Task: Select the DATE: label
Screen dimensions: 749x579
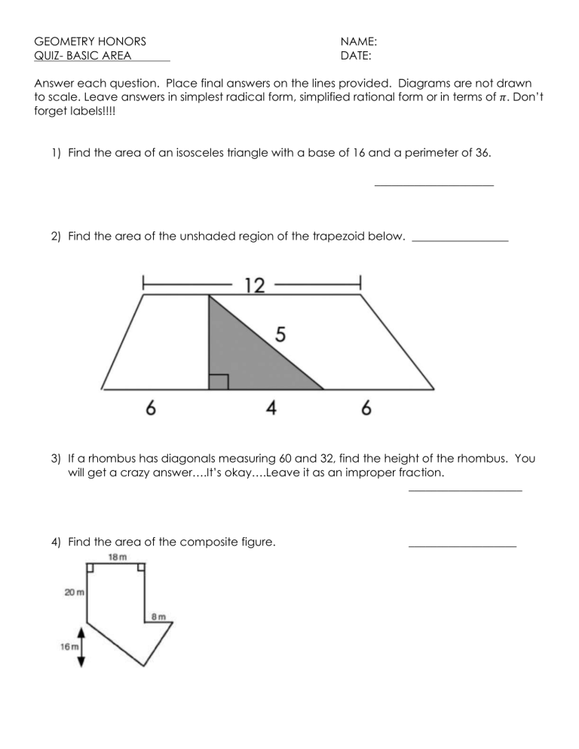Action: [356, 55]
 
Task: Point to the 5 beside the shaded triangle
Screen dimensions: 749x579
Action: [280, 335]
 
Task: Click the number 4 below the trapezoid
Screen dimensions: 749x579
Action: [271, 408]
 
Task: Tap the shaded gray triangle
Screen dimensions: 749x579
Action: [241, 358]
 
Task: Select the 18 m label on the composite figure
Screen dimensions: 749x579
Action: [116, 557]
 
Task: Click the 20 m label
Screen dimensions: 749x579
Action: [73, 593]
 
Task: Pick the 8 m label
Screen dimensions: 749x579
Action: [158, 616]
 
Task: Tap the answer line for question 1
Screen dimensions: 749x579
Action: [433, 185]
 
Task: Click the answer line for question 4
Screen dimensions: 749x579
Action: [461, 546]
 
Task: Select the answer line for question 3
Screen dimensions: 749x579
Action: [464, 491]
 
